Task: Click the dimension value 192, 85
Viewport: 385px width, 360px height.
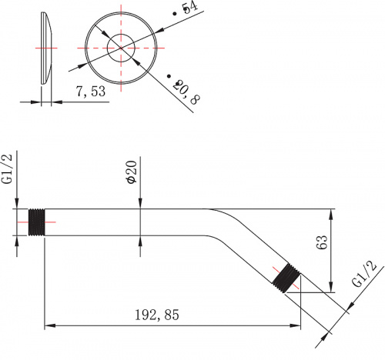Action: [x=157, y=315]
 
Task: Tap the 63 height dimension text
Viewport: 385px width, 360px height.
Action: [x=322, y=242]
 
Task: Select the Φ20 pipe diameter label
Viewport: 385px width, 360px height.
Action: [x=132, y=172]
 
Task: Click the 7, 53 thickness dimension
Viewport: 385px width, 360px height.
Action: [x=91, y=92]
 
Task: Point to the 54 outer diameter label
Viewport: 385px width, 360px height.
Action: [x=191, y=7]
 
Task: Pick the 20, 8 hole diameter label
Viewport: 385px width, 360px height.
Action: [x=186, y=92]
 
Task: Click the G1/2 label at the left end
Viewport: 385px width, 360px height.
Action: [x=7, y=168]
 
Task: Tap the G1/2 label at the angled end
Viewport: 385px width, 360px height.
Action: [x=364, y=274]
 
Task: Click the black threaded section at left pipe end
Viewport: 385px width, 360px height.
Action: [x=36, y=222]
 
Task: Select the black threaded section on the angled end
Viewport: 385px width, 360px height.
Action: [x=286, y=278]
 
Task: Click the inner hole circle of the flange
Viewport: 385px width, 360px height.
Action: [x=121, y=35]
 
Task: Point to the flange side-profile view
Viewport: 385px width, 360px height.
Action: [x=46, y=48]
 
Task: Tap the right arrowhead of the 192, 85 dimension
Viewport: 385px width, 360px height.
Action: [x=295, y=326]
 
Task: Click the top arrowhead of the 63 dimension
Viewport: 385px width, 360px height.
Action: [x=331, y=215]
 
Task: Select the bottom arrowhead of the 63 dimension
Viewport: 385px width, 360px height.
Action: [x=331, y=287]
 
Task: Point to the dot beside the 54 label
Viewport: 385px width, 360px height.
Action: [x=175, y=14]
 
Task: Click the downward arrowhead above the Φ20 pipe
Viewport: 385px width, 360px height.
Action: [x=140, y=203]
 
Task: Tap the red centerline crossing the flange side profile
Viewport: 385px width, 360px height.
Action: [x=46, y=48]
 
